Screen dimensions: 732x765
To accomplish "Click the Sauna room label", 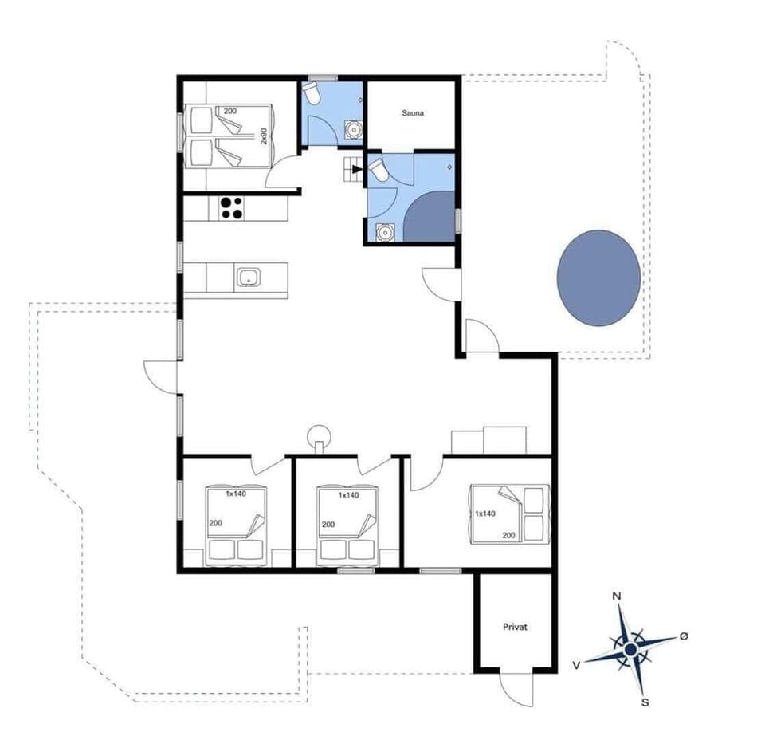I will click(412, 113).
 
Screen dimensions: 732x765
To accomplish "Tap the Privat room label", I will click(515, 628).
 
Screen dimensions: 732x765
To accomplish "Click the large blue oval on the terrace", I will click(598, 277).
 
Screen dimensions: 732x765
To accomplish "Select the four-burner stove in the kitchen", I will click(231, 207).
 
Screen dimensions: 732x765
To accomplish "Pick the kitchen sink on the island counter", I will click(248, 278).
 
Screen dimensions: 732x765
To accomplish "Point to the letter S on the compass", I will click(645, 702).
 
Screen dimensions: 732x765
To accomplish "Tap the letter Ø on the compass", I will click(683, 636).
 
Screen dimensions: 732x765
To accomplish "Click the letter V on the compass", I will click(575, 663).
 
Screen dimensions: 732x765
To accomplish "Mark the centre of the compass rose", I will click(630, 650).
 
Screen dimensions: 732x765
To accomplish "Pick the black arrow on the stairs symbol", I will click(355, 168).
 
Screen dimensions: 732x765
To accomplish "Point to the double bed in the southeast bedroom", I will click(507, 513).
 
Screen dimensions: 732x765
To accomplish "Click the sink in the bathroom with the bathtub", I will click(384, 232).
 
